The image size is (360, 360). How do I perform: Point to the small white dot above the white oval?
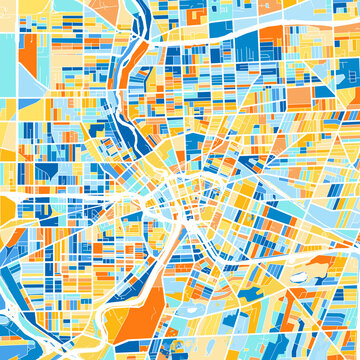point(297,252)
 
